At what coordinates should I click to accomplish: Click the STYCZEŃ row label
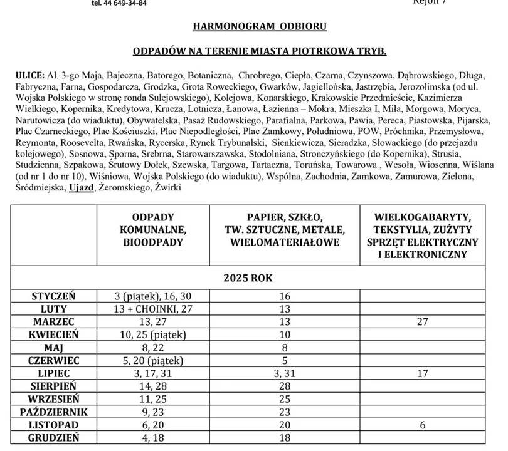tap(53, 296)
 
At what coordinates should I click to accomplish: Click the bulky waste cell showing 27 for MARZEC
tap(422, 322)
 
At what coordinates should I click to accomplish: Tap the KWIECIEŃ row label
tap(53, 334)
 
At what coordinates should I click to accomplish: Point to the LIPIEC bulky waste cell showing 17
tap(422, 373)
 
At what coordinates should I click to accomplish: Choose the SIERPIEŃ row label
tap(53, 386)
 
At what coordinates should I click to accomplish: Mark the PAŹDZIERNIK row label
tap(53, 412)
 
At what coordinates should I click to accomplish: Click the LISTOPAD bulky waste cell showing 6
tap(422, 425)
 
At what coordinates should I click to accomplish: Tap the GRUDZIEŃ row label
tap(53, 438)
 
